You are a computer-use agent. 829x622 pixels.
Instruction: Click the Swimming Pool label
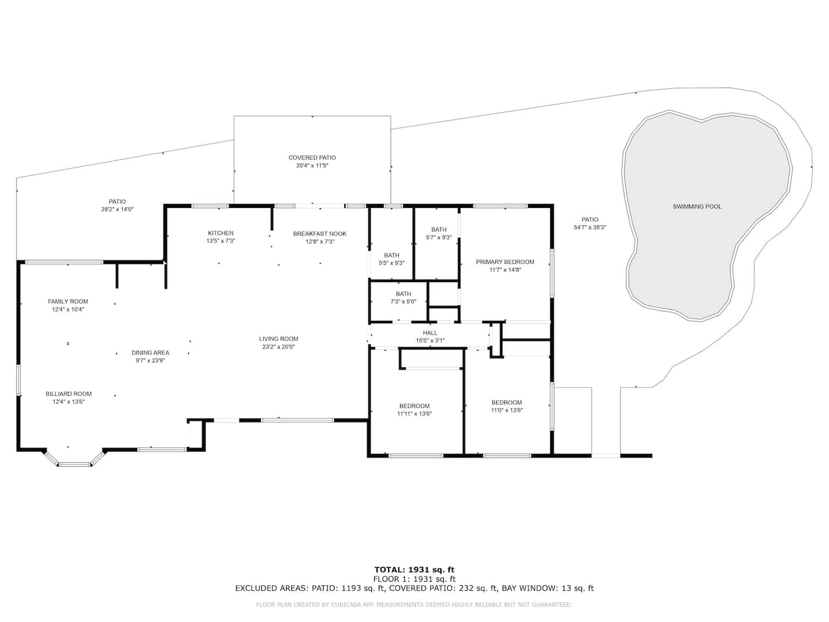[697, 207]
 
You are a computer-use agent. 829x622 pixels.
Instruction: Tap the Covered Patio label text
[312, 157]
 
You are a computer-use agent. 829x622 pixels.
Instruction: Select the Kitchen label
[220, 233]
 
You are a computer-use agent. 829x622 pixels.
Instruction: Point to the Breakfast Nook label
[320, 234]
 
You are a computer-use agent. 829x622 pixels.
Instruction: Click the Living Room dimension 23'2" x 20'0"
[278, 347]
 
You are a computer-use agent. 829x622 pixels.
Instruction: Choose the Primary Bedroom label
[505, 261]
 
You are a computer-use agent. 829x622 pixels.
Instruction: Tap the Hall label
[430, 333]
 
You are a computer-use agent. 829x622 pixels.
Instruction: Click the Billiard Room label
[69, 393]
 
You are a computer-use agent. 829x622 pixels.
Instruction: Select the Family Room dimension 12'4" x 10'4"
[68, 309]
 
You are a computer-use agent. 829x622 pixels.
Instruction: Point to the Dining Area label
[150, 352]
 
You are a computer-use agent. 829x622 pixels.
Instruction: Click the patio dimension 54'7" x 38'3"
[590, 227]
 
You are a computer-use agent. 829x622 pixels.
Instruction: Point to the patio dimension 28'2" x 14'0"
[117, 209]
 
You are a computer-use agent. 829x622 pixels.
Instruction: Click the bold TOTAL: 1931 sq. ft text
[414, 570]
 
